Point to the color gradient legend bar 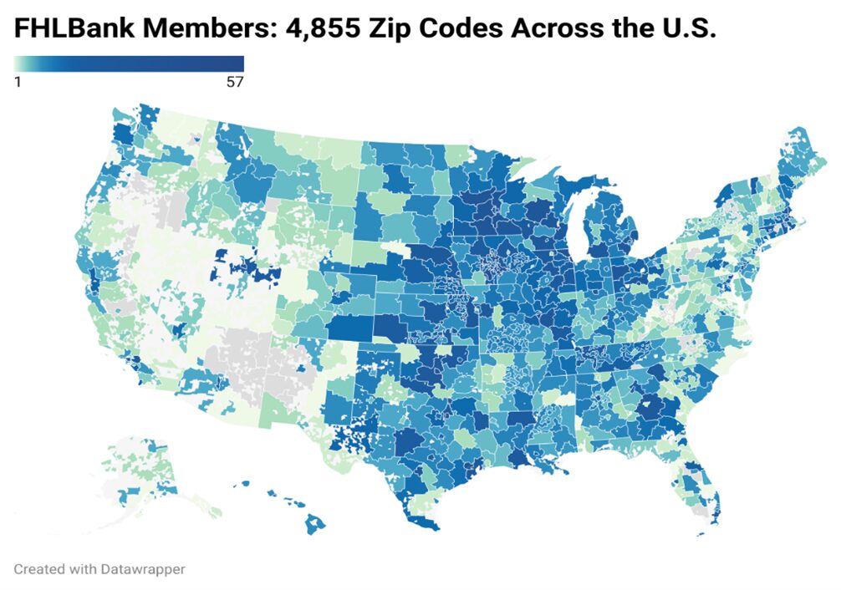(129, 64)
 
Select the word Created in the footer (39, 569)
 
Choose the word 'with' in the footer (83, 569)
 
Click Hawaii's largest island (315, 526)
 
